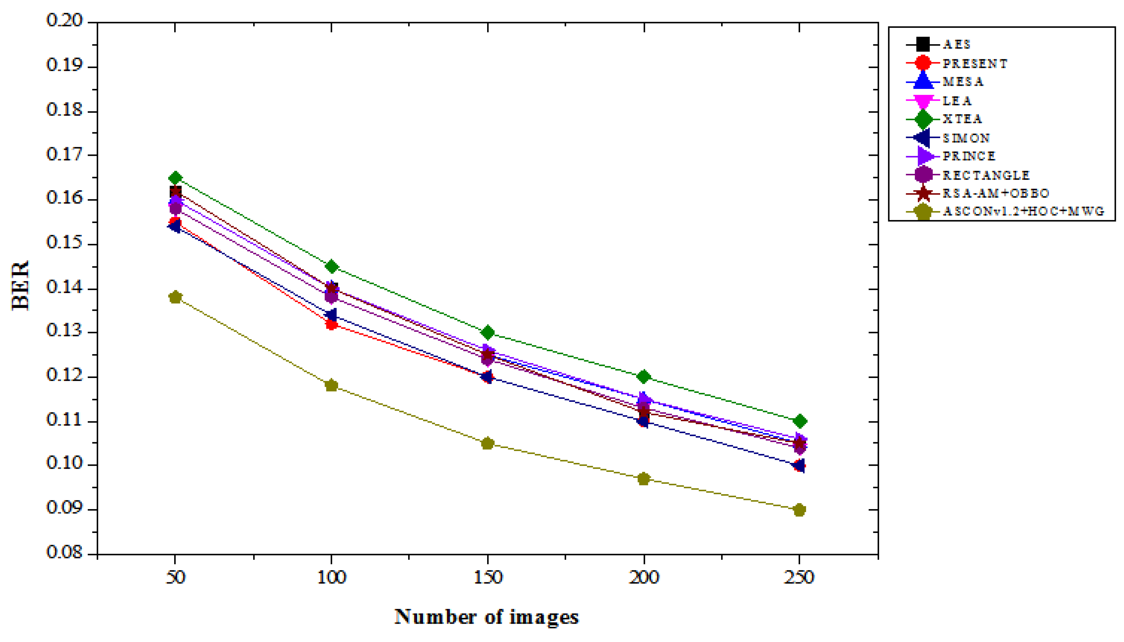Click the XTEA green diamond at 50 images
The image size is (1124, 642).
click(x=175, y=178)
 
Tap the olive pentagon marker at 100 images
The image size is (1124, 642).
click(x=331, y=385)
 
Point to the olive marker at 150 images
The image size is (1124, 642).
click(x=487, y=443)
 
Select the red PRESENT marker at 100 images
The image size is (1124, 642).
click(x=331, y=324)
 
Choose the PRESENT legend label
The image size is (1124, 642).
click(x=975, y=64)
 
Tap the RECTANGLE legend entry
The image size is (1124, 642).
click(x=985, y=175)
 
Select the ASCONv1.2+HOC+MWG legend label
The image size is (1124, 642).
click(x=1023, y=211)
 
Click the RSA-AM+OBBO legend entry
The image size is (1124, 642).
click(x=995, y=193)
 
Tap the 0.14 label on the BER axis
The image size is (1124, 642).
click(x=64, y=288)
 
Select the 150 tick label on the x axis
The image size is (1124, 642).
click(x=487, y=577)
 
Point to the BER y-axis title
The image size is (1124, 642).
click(x=20, y=286)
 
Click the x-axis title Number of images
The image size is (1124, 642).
click(x=486, y=617)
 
